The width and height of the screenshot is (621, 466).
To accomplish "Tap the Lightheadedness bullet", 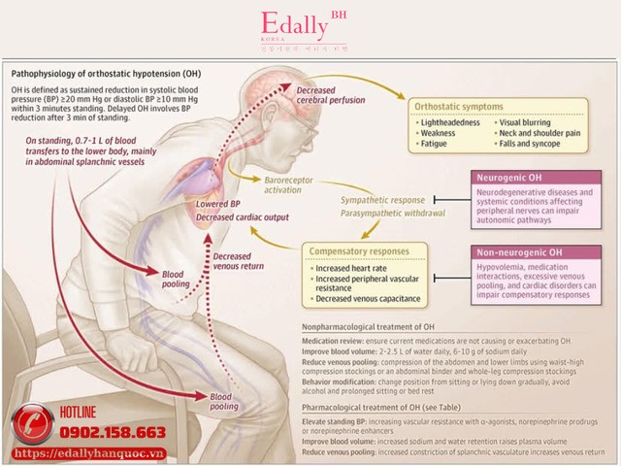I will (452, 123).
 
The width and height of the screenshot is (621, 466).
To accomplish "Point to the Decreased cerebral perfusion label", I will (315, 96).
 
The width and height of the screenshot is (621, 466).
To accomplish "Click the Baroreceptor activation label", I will (292, 185).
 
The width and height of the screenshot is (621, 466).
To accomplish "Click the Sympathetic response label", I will (376, 200).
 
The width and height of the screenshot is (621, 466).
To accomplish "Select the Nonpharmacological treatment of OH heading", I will (370, 328).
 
